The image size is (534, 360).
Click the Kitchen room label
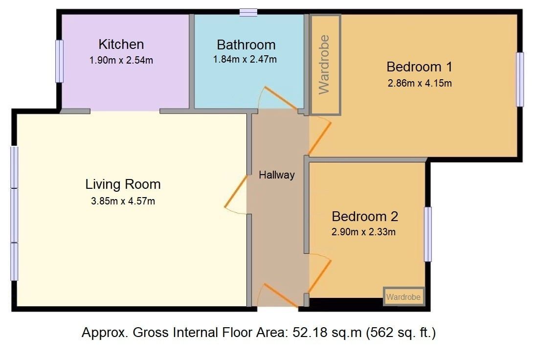point(121,45)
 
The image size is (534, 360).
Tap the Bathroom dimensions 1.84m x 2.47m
point(245,59)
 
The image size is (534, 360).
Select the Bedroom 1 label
point(419,67)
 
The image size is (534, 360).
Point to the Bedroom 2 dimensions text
point(363,232)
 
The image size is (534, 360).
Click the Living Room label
point(123,184)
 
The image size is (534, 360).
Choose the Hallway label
point(277,175)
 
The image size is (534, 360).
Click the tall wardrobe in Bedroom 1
point(325,65)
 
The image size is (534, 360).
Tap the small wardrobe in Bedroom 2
point(404,296)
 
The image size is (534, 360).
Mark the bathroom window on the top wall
point(248,13)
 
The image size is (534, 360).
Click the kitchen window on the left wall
point(59,61)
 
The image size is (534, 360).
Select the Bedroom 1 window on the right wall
point(520,79)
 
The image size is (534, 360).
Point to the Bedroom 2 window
point(428,234)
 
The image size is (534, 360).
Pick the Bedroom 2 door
point(319,276)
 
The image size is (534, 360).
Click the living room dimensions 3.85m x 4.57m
point(123,202)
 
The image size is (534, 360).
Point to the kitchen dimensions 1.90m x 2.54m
point(121,60)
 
